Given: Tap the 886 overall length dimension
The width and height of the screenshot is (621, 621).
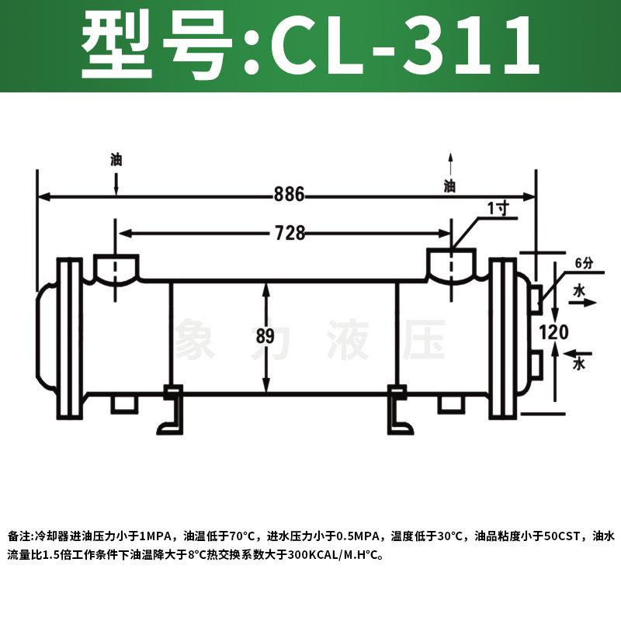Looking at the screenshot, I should [289, 195].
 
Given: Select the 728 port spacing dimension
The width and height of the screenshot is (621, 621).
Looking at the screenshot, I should [289, 232].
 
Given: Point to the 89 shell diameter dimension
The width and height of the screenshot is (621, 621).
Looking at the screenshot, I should [265, 337].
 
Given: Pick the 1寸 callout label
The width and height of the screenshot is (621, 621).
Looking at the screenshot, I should [498, 208].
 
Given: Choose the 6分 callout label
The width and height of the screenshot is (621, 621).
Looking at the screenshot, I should [583, 263].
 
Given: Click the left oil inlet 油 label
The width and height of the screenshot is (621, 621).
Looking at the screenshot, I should [116, 161].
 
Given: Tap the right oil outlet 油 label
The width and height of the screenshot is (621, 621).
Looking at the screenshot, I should [449, 186].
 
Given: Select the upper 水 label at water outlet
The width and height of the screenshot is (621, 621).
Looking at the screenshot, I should [578, 290].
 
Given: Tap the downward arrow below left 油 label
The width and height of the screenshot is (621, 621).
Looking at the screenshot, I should [116, 185].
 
